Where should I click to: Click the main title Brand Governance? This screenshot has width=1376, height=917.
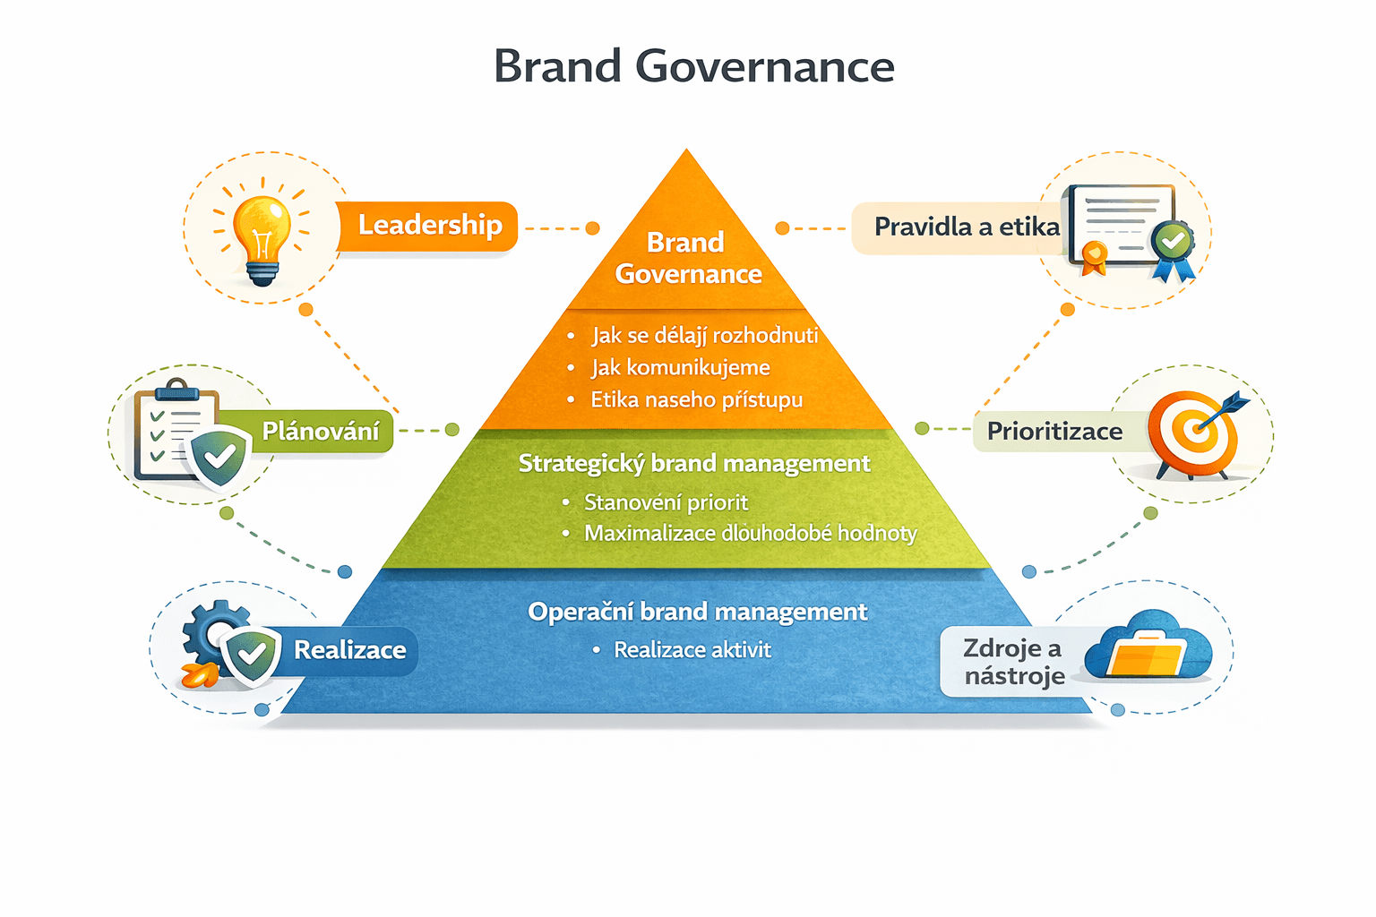pyautogui.click(x=693, y=67)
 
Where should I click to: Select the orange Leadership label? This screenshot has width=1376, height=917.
pyautogui.click(x=429, y=226)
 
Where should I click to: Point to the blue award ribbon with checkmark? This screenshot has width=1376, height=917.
pyautogui.click(x=1172, y=248)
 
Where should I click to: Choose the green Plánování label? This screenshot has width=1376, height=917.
pyautogui.click(x=320, y=432)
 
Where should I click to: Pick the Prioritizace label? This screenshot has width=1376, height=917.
pyautogui.click(x=1053, y=432)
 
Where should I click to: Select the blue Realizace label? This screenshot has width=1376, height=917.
pyautogui.click(x=349, y=650)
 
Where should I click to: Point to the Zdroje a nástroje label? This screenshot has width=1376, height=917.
pyautogui.click(x=1012, y=662)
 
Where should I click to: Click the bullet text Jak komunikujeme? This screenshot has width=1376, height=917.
pyautogui.click(x=680, y=368)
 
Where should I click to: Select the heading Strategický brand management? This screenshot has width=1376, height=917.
pyautogui.click(x=694, y=464)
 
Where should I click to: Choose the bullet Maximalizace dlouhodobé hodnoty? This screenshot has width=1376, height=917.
pyautogui.click(x=750, y=534)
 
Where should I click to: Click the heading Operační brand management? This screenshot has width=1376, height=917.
pyautogui.click(x=697, y=613)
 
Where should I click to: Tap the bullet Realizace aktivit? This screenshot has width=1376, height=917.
pyautogui.click(x=692, y=650)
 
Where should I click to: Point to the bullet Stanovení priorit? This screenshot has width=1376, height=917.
pyautogui.click(x=666, y=502)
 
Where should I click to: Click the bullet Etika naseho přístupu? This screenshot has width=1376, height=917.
pyautogui.click(x=696, y=400)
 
